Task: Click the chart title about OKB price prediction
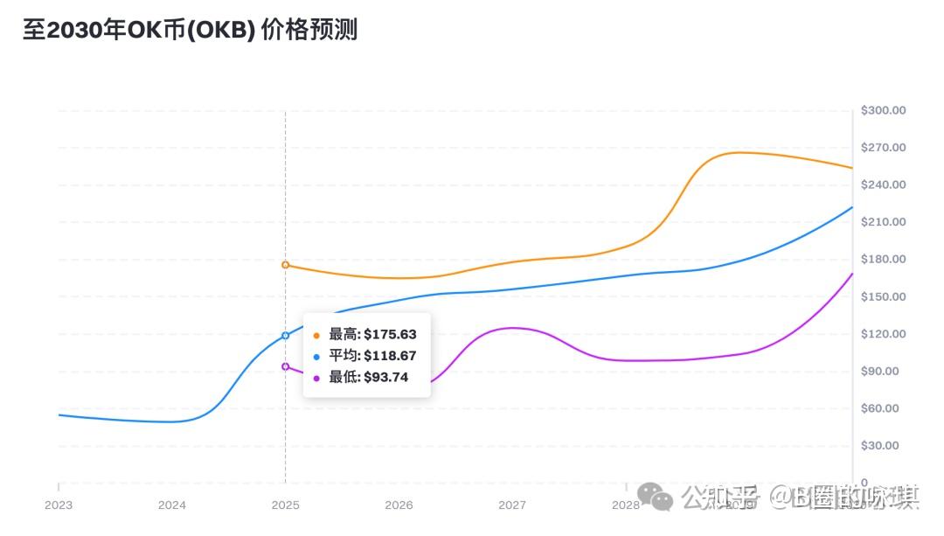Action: (x=190, y=30)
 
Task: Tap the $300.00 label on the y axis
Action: (x=883, y=110)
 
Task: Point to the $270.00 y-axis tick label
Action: (x=883, y=148)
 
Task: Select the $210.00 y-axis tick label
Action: (x=883, y=222)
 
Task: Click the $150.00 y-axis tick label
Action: (x=883, y=296)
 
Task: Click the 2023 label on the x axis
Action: (x=59, y=505)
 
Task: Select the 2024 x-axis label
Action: (x=172, y=505)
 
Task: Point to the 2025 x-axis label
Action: (x=285, y=505)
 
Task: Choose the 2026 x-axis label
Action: (x=399, y=505)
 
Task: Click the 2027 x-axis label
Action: (x=512, y=505)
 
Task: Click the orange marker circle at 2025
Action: (x=285, y=265)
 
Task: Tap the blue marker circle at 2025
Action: (x=285, y=336)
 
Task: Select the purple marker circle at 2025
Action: (x=285, y=366)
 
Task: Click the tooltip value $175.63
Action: (x=391, y=335)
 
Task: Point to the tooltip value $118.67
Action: (x=391, y=356)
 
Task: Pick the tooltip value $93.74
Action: (x=385, y=378)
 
